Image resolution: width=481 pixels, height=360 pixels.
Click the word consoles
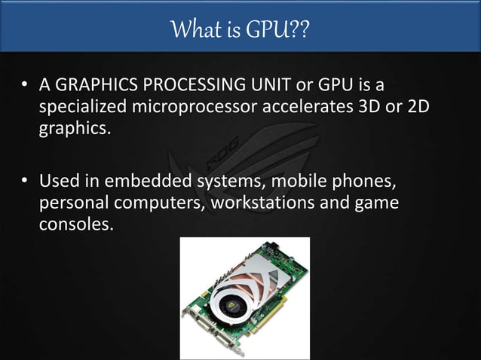coord(74,224)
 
